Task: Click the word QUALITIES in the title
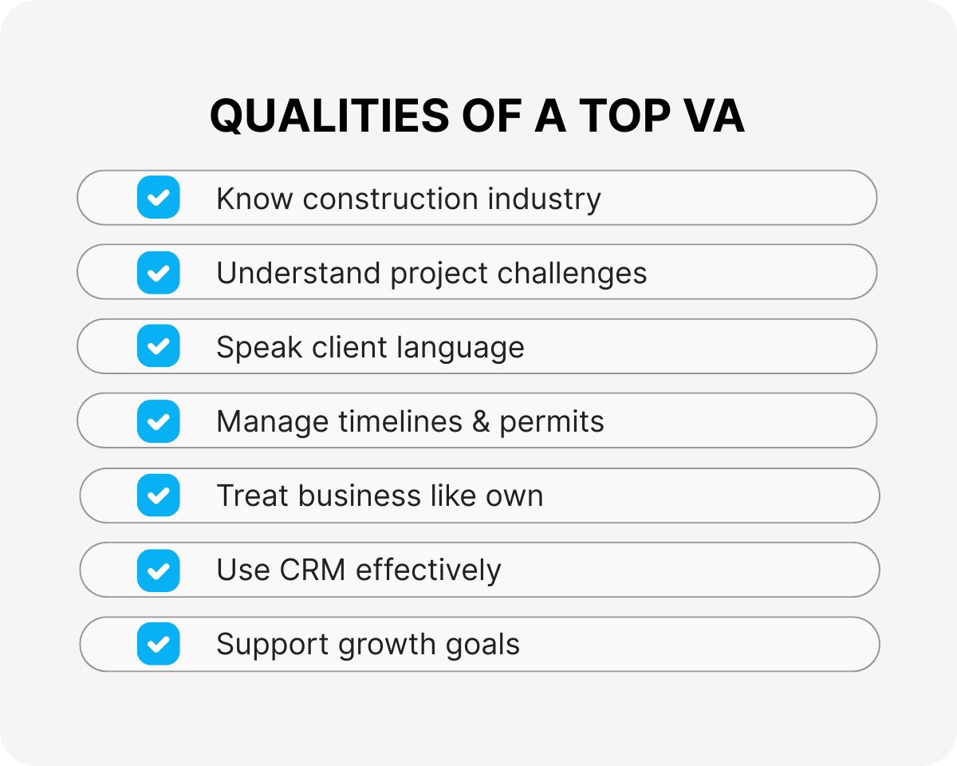(x=329, y=116)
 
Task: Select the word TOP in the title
(x=624, y=116)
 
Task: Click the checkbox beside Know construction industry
(x=159, y=197)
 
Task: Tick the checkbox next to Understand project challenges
(x=159, y=272)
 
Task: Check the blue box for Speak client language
(x=159, y=345)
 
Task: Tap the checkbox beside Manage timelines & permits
(x=159, y=421)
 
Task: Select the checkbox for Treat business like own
(x=159, y=495)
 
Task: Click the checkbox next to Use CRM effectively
(x=159, y=571)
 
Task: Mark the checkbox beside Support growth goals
(x=159, y=644)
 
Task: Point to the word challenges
(x=572, y=273)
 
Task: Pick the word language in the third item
(x=460, y=348)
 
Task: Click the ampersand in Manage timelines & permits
(x=481, y=421)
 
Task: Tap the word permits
(x=552, y=422)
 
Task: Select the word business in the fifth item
(x=360, y=496)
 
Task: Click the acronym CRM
(x=313, y=570)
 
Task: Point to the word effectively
(x=429, y=571)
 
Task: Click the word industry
(x=545, y=199)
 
